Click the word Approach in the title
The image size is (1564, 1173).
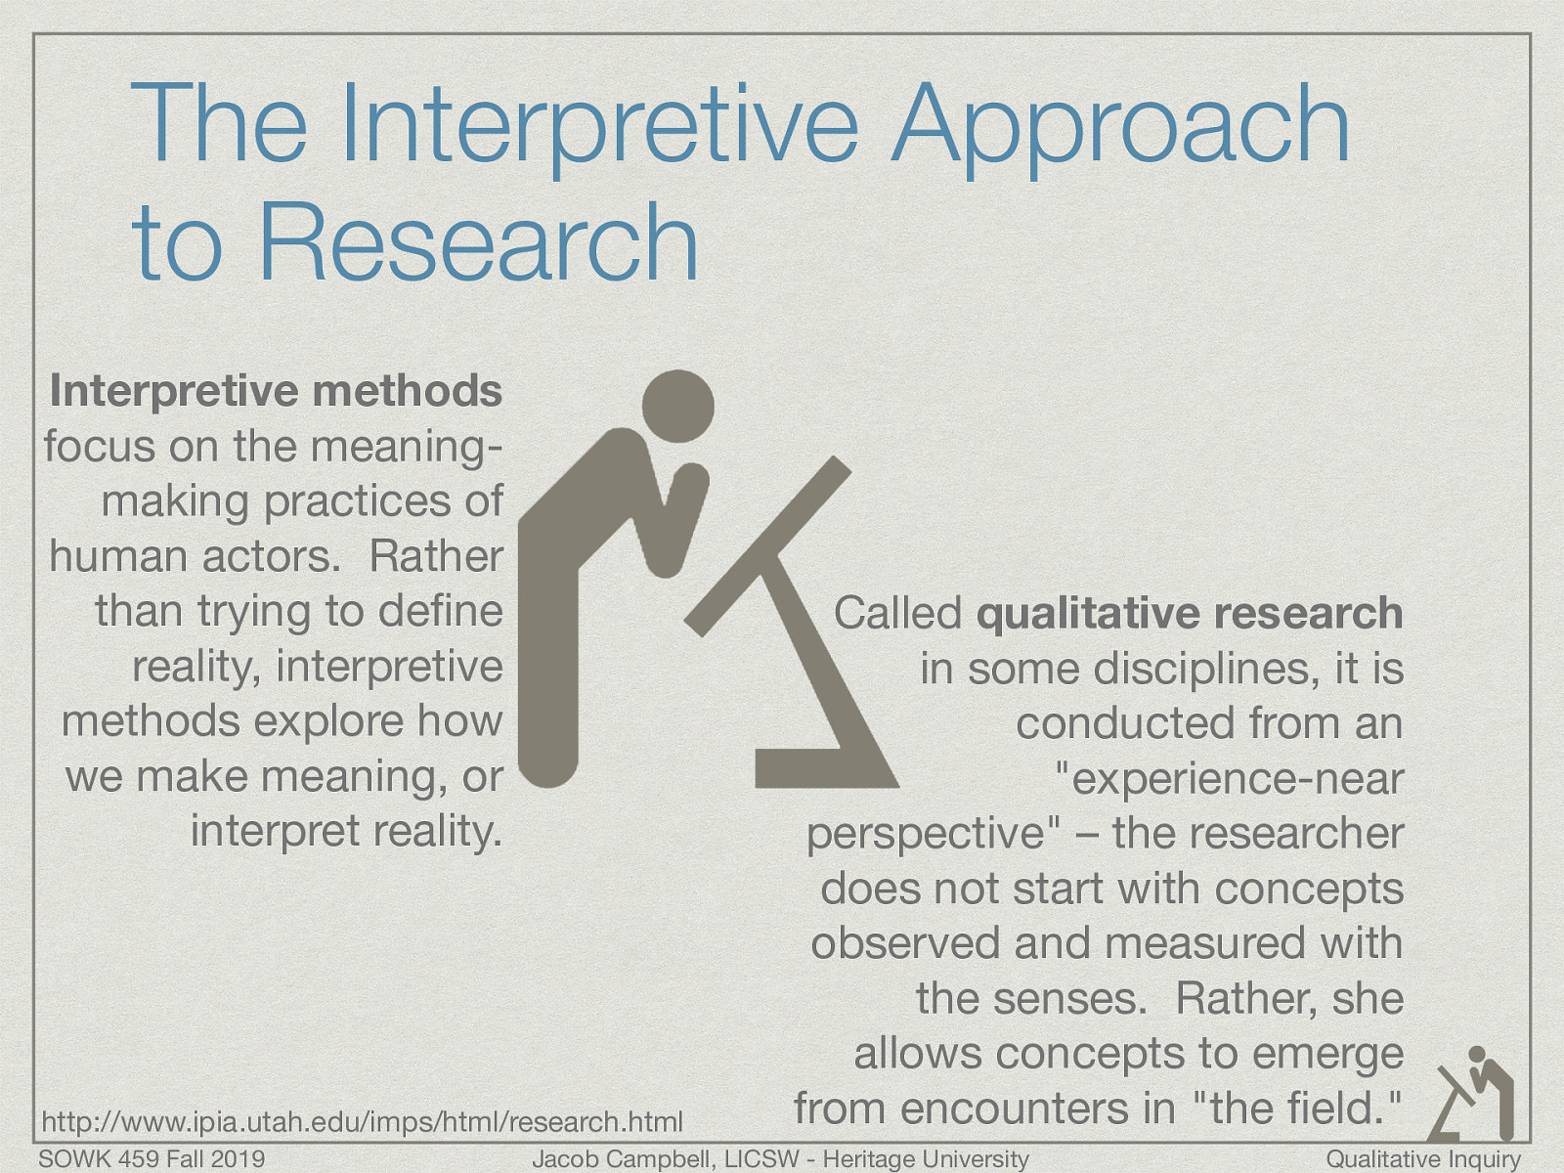tap(1119, 127)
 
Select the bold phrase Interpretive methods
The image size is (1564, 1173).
tap(276, 391)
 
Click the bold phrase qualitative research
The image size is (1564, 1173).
tap(1190, 614)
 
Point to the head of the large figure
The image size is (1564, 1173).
tap(677, 405)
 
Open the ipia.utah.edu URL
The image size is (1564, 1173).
tap(363, 1121)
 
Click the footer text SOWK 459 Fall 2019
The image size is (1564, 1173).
tap(152, 1159)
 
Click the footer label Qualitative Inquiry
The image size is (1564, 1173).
tap(1423, 1159)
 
